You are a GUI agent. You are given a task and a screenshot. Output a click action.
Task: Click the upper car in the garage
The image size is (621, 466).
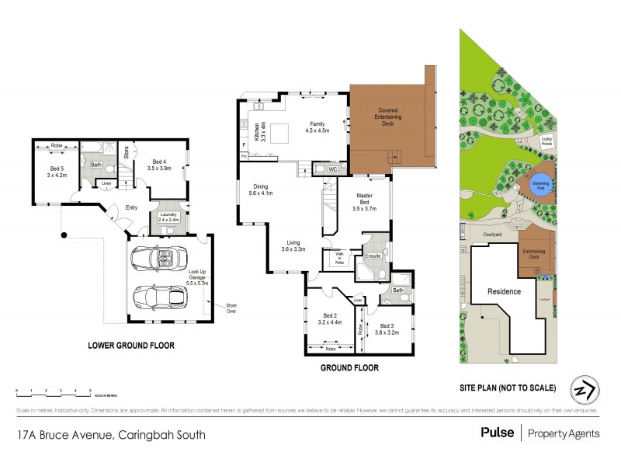159,256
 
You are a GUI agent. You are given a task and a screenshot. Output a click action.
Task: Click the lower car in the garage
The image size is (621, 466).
158,297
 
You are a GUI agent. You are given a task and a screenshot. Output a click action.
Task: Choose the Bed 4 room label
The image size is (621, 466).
159,165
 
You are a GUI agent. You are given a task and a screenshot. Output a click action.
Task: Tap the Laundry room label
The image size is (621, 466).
168,217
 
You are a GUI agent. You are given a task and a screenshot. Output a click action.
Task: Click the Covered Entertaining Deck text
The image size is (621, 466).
388,116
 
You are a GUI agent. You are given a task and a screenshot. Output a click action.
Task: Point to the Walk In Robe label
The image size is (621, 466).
338,257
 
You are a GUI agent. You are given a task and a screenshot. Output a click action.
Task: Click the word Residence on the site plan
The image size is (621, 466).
504,291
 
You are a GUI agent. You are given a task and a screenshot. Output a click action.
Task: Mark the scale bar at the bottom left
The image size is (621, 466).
53,391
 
